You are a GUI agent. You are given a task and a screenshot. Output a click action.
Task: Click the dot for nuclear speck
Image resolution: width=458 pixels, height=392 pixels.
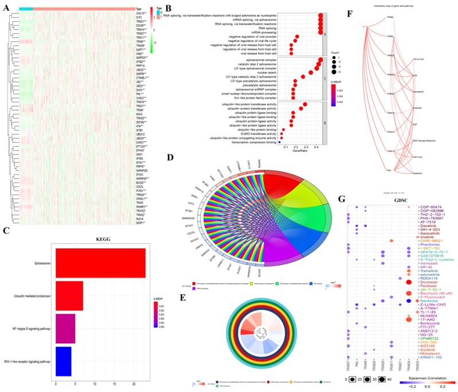[310, 73]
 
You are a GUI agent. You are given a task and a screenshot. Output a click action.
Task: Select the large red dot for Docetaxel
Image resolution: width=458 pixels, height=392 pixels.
[408, 282]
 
